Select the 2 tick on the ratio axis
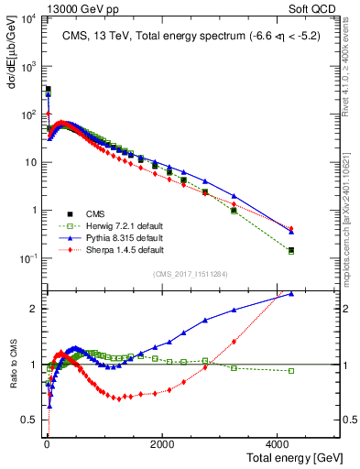point(35,308)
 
